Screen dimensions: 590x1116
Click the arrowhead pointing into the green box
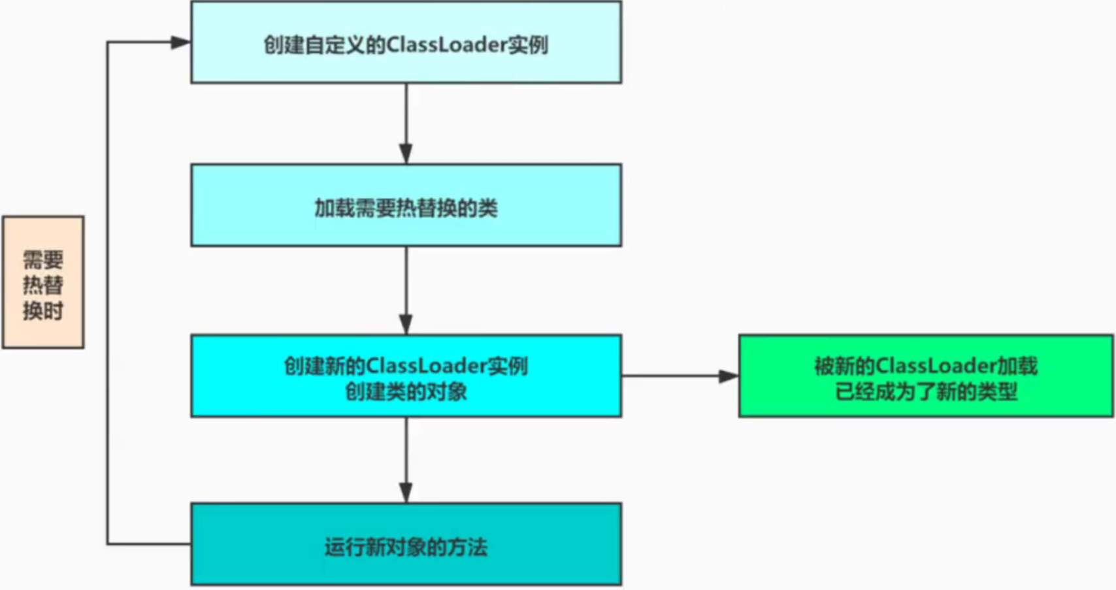click(729, 376)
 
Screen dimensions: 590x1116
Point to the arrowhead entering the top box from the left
click(180, 42)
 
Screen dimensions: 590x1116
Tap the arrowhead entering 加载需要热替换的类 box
click(406, 154)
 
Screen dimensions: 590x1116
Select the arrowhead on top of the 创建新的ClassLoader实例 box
click(406, 324)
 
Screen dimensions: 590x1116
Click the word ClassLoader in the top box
click(447, 45)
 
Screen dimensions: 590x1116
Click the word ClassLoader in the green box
click(936, 366)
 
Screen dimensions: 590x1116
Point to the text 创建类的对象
click(406, 392)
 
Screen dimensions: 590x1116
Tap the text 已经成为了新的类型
click(926, 392)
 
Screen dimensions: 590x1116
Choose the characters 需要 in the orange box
click(43, 260)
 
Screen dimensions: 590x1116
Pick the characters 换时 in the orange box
click(43, 311)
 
